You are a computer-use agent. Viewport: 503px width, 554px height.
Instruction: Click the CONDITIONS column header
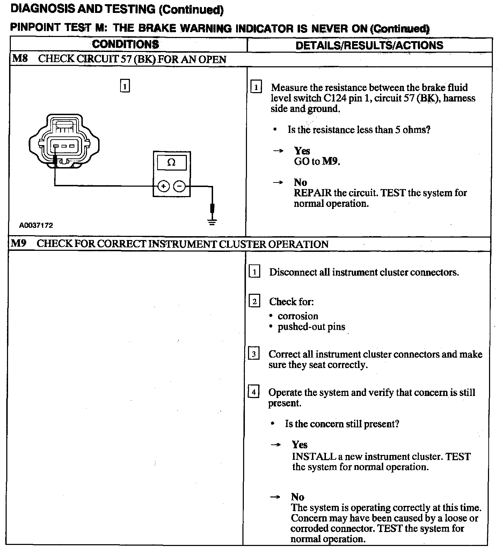[125, 44]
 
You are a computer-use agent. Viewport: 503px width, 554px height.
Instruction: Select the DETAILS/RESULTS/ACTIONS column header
[369, 45]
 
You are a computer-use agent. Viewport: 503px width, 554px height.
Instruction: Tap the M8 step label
[20, 58]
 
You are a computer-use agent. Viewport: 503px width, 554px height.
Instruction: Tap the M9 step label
[19, 243]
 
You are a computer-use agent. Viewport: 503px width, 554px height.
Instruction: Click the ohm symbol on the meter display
[172, 163]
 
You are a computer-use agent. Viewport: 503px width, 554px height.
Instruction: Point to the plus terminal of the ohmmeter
[163, 186]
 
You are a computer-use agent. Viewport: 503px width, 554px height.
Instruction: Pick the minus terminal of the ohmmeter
[180, 186]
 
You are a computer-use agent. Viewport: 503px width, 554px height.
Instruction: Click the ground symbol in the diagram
[212, 221]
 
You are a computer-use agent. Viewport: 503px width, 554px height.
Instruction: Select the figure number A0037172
[36, 225]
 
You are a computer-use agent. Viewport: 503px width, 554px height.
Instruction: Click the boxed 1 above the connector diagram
[125, 85]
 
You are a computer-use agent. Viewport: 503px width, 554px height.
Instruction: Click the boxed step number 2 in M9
[254, 301]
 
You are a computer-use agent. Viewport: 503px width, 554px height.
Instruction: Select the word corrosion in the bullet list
[298, 316]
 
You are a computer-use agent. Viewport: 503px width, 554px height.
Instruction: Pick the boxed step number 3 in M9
[254, 354]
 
